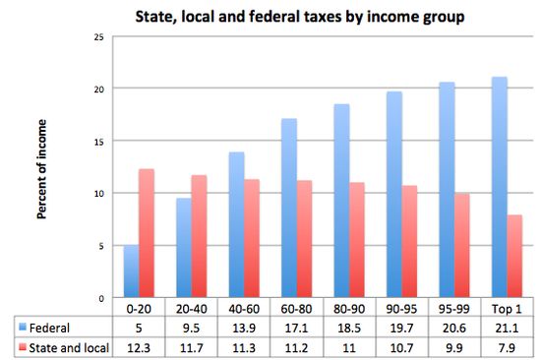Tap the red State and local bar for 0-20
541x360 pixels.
pos(146,234)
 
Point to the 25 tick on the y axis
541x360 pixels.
pos(96,36)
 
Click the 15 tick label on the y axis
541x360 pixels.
pos(96,141)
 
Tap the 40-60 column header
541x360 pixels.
pos(243,309)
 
